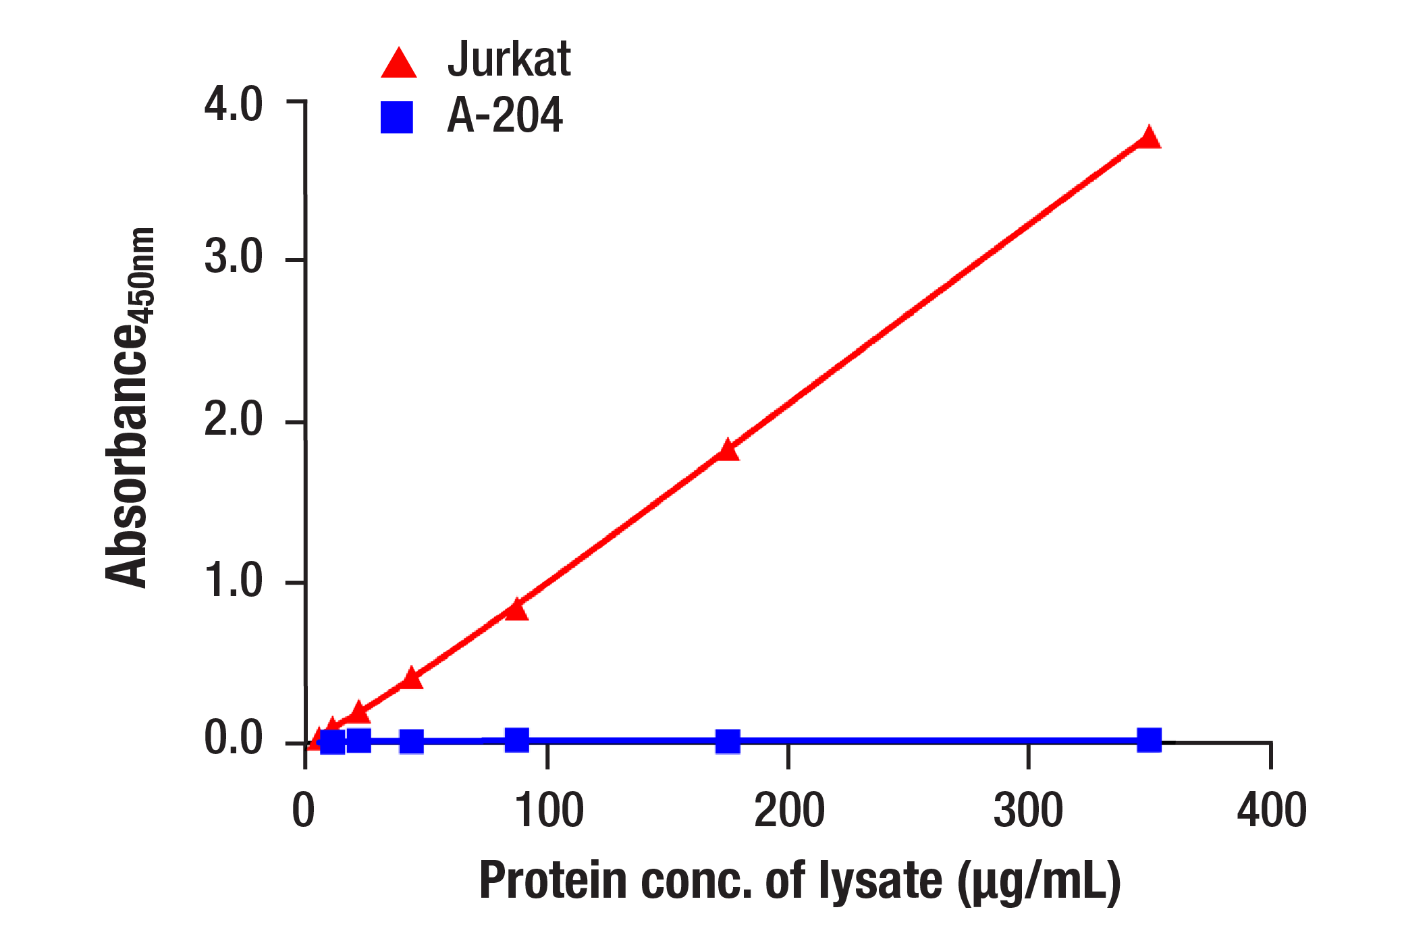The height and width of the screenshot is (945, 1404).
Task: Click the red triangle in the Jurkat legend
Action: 398,63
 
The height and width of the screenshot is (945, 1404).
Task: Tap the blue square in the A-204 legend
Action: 397,117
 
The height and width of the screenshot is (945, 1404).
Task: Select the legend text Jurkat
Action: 509,59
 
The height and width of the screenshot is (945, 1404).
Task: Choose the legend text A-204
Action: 504,115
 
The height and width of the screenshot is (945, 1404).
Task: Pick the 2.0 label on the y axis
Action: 233,419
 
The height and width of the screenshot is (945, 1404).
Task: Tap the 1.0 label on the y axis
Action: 233,580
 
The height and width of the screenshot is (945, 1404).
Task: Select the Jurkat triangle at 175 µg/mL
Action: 728,450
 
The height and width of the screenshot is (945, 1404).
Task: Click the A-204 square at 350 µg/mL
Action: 1149,740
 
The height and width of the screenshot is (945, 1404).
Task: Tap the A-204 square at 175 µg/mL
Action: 728,741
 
